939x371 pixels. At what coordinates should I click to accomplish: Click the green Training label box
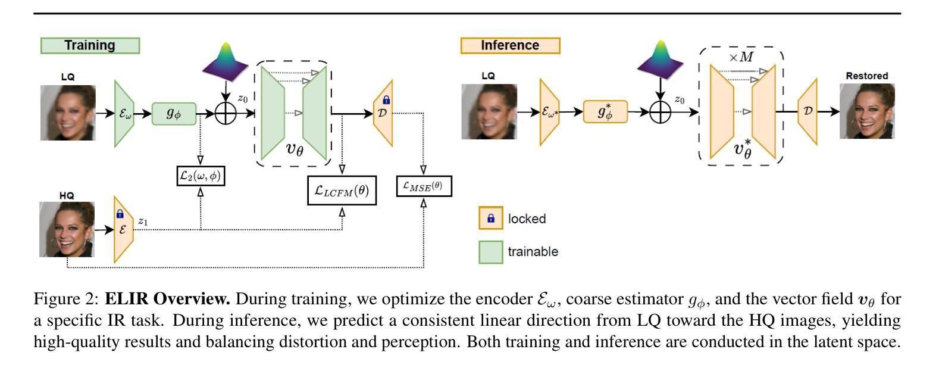click(x=90, y=45)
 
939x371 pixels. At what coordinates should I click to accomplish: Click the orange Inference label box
click(x=510, y=45)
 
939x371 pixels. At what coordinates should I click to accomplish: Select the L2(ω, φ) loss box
click(x=201, y=176)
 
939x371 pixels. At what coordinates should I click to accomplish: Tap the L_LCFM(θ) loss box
click(x=342, y=191)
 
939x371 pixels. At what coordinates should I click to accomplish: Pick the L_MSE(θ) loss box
click(x=424, y=186)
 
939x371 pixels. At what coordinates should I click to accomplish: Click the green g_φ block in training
click(x=174, y=113)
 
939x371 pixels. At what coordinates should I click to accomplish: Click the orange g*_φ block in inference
click(x=605, y=111)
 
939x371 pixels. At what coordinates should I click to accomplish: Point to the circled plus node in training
click(x=226, y=113)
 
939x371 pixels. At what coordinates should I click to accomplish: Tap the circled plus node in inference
click(x=661, y=112)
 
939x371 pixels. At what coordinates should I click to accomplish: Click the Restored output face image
click(x=867, y=111)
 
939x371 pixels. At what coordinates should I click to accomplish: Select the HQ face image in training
click(x=67, y=229)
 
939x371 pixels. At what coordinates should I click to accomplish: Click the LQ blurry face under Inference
click(x=489, y=111)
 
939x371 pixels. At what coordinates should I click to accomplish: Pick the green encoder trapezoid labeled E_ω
click(x=124, y=113)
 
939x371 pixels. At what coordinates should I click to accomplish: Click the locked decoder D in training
click(x=383, y=113)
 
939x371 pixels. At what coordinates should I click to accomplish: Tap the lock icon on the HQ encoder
click(x=120, y=214)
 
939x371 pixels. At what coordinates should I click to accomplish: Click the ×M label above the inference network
click(x=741, y=57)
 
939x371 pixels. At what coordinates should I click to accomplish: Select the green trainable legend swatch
click(x=491, y=252)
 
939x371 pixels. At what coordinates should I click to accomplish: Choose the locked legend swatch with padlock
click(x=491, y=218)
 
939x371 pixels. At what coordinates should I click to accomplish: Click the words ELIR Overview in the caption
click(x=167, y=299)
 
